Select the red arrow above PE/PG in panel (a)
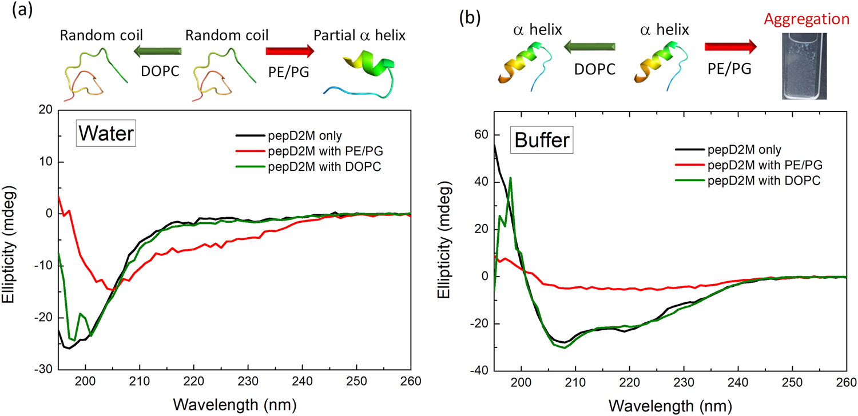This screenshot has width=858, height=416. click(x=290, y=51)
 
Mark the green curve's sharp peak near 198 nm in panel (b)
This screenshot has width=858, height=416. click(x=510, y=178)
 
